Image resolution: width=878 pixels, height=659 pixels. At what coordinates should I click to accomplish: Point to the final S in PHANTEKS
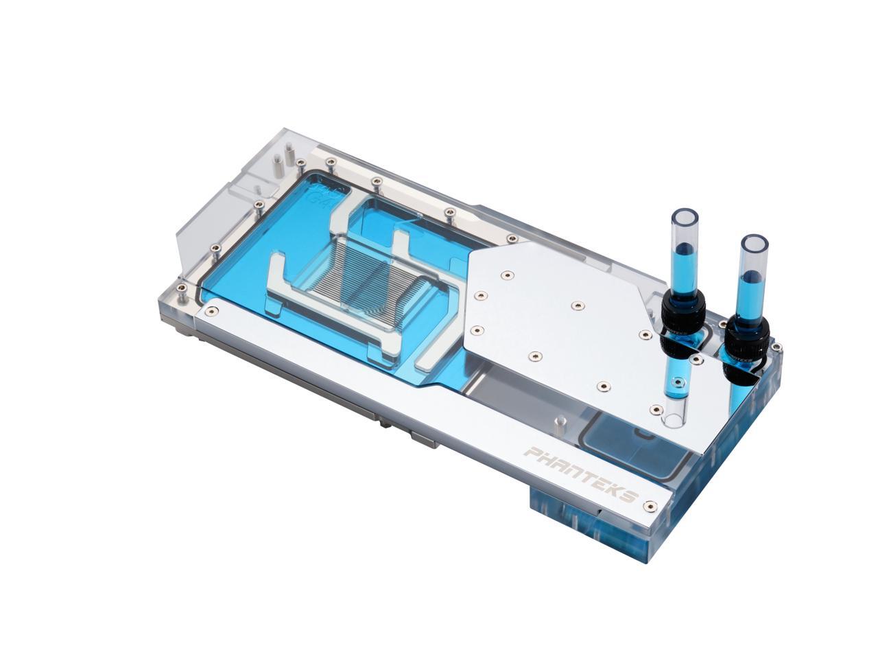[x=630, y=496]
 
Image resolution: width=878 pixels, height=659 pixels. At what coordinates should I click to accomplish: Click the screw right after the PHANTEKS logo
[x=651, y=507]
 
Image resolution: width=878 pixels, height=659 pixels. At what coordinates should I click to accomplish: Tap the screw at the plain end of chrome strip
[x=211, y=312]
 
